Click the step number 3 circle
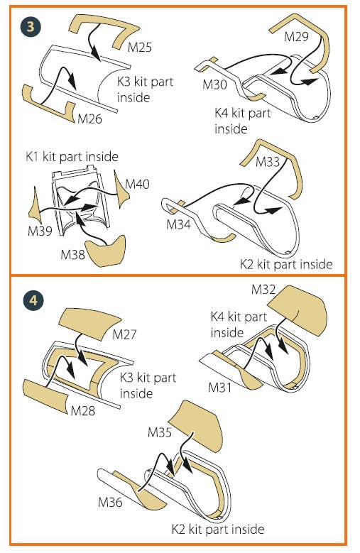(31, 26)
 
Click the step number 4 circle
(33, 300)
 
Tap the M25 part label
(140, 47)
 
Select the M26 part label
(89, 119)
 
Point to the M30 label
(214, 84)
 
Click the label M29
(296, 36)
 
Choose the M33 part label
(268, 162)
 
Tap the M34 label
(178, 224)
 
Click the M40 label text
(137, 184)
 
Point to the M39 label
(40, 231)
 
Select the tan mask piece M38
(106, 251)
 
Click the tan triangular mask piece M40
(120, 189)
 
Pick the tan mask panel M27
(89, 324)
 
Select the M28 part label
(83, 410)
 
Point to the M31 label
(220, 387)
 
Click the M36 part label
(110, 502)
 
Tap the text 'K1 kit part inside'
(72, 156)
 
